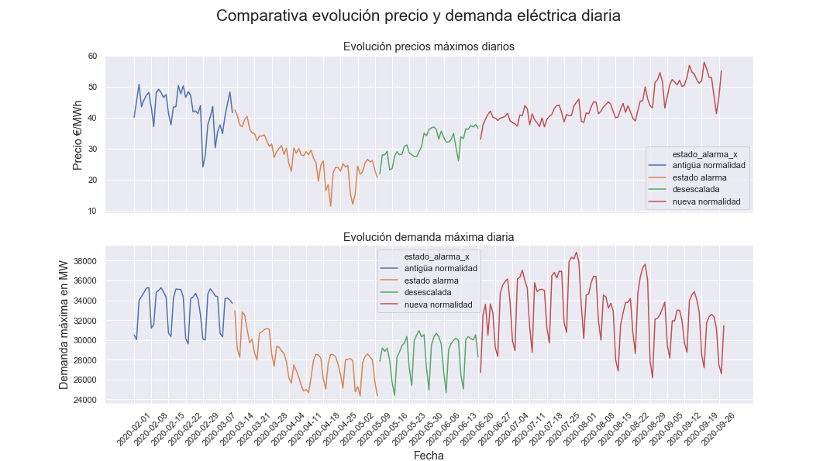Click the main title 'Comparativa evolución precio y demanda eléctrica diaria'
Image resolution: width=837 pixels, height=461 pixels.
click(418, 15)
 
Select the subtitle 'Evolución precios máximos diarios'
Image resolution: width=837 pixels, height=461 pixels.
click(429, 46)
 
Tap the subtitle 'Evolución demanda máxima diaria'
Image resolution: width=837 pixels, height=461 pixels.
click(429, 236)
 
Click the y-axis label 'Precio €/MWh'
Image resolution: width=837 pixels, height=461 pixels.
click(77, 133)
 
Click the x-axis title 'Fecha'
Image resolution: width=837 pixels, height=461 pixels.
click(429, 456)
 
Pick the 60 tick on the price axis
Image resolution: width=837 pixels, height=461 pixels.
click(92, 56)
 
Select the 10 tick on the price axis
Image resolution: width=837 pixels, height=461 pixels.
click(92, 211)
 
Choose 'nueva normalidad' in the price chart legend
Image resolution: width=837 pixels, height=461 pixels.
click(706, 202)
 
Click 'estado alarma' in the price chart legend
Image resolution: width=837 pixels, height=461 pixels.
click(700, 177)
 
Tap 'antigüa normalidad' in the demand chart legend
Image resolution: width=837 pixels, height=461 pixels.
click(441, 268)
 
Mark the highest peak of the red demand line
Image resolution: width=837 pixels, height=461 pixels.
click(577, 253)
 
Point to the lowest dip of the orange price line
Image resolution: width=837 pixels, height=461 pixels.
click(331, 206)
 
